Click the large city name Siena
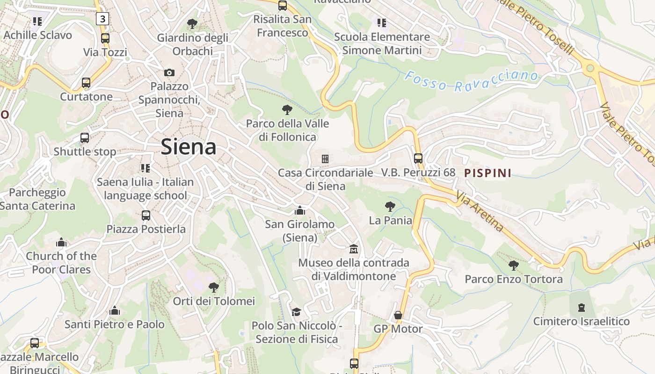[189, 147]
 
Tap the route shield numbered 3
[102, 19]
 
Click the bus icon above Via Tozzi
[105, 38]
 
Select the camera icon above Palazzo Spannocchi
[169, 72]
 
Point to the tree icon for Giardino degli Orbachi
[192, 23]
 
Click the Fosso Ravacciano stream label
[471, 80]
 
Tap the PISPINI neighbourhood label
[488, 173]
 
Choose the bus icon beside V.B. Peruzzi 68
[418, 158]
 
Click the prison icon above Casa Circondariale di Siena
[325, 159]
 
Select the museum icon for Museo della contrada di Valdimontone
[354, 249]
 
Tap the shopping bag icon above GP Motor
[398, 315]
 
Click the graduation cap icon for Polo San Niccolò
[296, 312]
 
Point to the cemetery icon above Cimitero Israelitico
[581, 308]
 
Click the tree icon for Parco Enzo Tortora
[513, 266]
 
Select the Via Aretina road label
[480, 212]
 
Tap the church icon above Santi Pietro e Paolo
[115, 310]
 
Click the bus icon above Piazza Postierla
[146, 216]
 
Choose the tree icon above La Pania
[390, 206]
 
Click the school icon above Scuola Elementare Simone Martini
[382, 23]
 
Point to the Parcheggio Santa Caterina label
[37, 199]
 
